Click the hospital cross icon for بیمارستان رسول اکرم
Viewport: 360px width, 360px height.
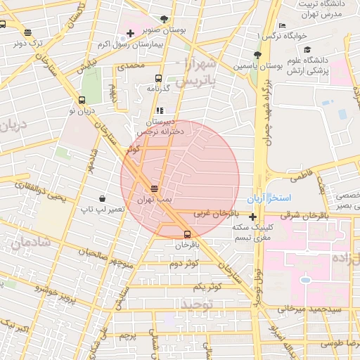coord(131,34)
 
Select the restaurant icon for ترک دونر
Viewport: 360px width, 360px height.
coord(27,32)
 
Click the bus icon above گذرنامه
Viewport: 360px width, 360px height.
coord(159,78)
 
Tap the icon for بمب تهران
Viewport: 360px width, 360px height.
coord(154,188)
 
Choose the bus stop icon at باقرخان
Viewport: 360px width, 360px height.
coord(187,234)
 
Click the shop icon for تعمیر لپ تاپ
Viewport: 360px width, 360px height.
coord(103,199)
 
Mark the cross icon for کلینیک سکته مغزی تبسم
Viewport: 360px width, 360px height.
coord(252,217)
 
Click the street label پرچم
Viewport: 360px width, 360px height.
coord(127,336)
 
